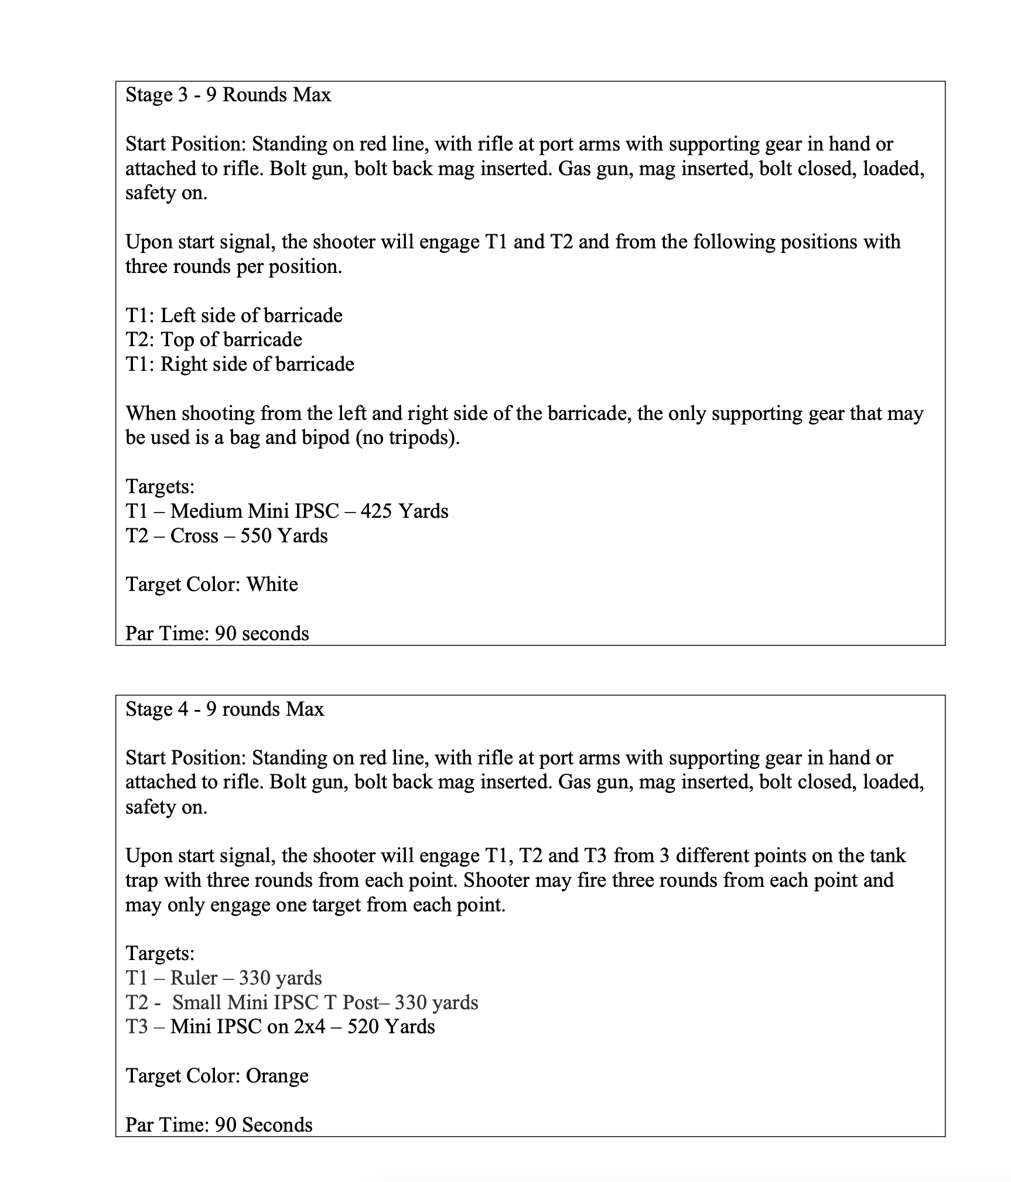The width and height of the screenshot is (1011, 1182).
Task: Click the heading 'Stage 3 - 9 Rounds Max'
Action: click(x=228, y=95)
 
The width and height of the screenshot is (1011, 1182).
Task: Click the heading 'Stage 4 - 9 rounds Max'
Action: click(x=224, y=709)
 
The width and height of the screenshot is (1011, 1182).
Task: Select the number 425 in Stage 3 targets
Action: click(x=377, y=511)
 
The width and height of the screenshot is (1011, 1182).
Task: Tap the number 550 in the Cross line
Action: click(x=256, y=536)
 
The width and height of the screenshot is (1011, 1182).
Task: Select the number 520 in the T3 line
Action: click(x=363, y=1027)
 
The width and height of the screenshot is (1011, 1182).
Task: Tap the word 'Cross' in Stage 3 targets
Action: click(x=194, y=536)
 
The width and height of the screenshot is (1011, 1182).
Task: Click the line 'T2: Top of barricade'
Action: click(x=214, y=340)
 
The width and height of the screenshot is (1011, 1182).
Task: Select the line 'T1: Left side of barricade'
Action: click(x=234, y=316)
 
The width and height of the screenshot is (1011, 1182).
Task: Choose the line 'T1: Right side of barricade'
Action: click(x=240, y=364)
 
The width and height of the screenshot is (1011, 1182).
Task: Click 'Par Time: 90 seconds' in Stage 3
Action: click(x=217, y=634)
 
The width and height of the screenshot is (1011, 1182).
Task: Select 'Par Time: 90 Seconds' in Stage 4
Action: click(x=218, y=1125)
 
